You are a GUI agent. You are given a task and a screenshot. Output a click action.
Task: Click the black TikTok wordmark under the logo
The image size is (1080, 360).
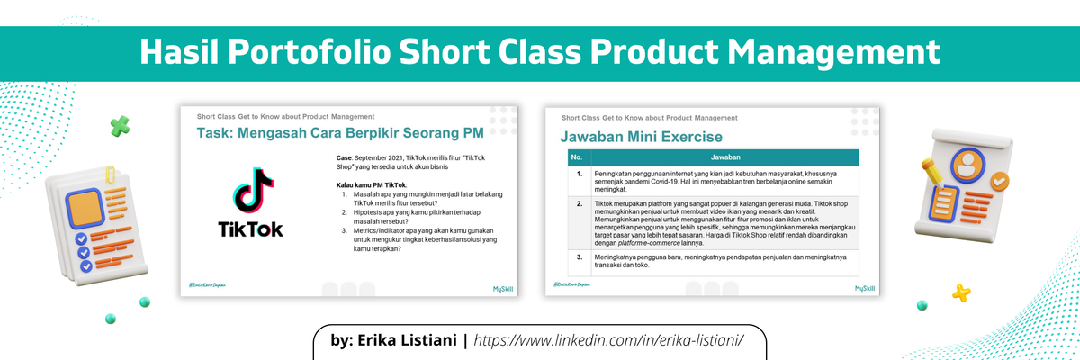click(x=250, y=229)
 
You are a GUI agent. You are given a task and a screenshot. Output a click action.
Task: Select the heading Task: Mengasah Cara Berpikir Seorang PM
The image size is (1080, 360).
click(x=340, y=134)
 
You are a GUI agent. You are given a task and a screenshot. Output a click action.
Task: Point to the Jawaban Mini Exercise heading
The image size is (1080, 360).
click(x=641, y=137)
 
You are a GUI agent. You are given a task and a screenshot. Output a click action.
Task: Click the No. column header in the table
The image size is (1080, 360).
click(x=577, y=157)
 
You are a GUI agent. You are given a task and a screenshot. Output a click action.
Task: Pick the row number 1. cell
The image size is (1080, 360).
click(x=579, y=173)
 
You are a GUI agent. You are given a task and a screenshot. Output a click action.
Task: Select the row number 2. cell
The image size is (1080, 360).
click(x=579, y=204)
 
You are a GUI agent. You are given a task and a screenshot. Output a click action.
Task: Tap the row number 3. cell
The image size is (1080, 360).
click(x=579, y=256)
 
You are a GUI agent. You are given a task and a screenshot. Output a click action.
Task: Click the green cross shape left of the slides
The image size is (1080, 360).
click(x=120, y=126)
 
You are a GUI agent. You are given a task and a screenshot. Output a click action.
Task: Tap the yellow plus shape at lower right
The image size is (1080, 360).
click(x=961, y=292)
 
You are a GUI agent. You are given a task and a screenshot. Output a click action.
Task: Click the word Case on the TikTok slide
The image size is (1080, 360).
click(x=335, y=157)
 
